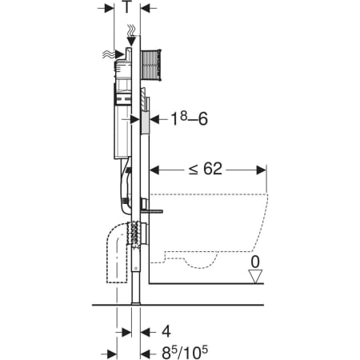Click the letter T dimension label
coord(127,7)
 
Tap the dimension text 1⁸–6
coord(189,118)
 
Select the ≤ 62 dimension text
coord(206,169)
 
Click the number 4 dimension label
coord(166,332)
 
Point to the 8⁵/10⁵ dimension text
coord(185,353)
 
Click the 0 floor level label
coord(255,262)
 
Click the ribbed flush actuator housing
coord(151,65)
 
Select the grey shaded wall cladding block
coord(145,122)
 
